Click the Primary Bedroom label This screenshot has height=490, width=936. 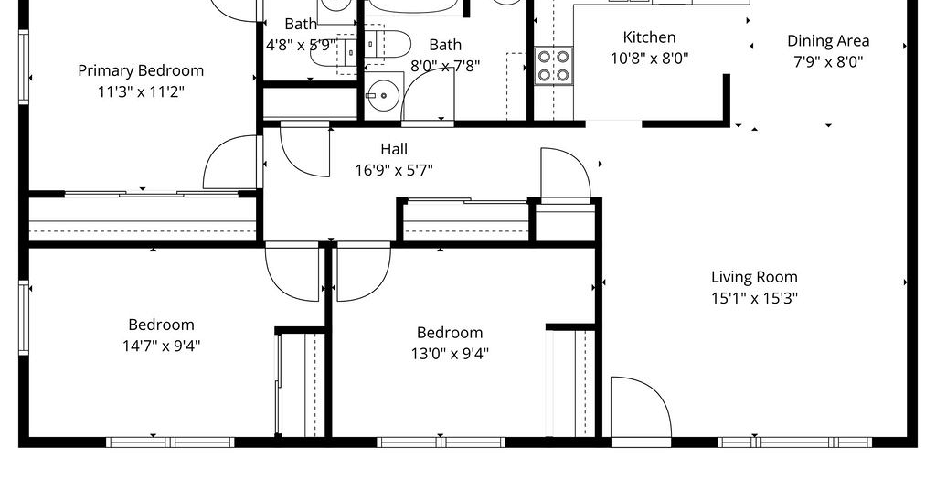141,70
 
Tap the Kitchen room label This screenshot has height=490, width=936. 650,37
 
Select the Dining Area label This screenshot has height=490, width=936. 828,40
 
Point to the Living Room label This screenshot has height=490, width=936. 754,277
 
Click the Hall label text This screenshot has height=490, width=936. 394,149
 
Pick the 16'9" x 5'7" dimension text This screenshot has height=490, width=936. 394,170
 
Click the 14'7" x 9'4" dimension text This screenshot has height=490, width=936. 161,346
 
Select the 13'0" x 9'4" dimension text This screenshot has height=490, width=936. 450,353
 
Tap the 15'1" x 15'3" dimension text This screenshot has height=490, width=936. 754,298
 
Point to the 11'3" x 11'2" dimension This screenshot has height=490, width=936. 141,92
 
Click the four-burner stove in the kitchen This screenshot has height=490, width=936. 553,66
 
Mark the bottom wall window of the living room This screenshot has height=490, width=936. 794,442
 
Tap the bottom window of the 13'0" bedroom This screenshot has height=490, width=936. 441,442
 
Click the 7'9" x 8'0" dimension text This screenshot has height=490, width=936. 828,61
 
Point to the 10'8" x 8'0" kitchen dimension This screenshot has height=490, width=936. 650,59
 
